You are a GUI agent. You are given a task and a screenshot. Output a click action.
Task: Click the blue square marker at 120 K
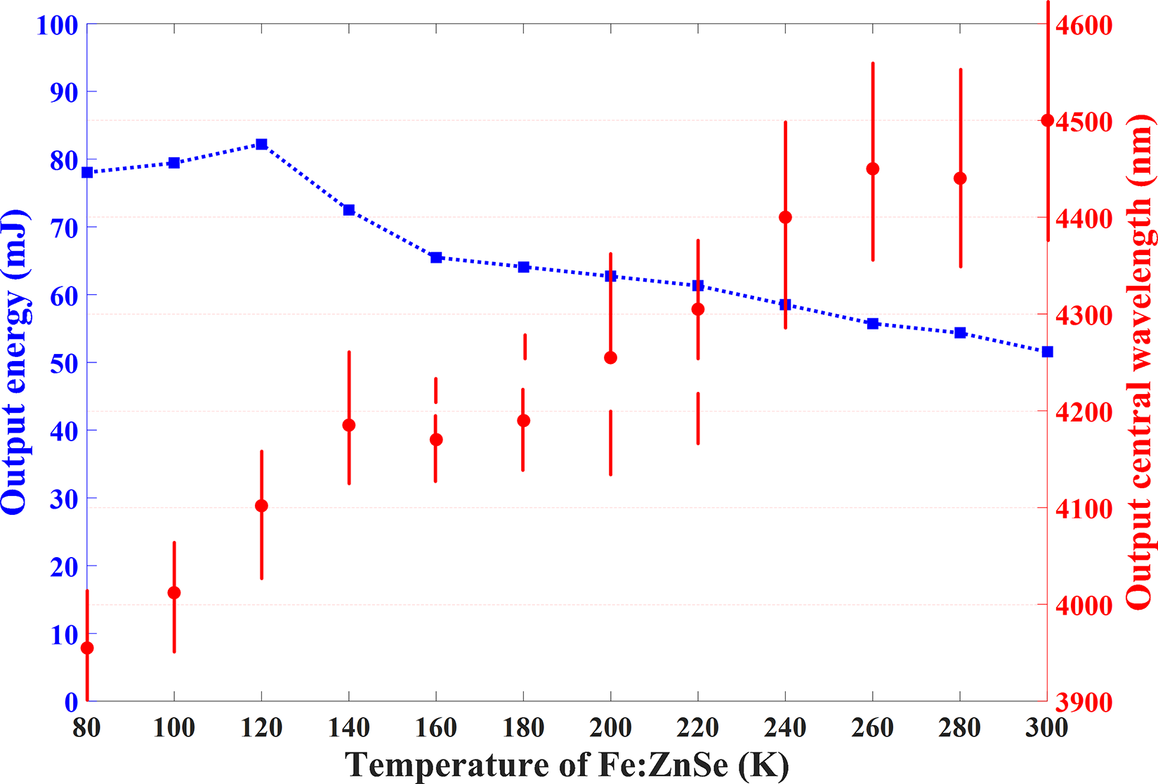[x=261, y=144]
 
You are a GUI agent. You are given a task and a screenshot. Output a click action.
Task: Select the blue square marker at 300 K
[x=1047, y=351]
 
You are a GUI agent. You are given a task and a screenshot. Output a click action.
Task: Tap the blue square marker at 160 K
[x=436, y=258]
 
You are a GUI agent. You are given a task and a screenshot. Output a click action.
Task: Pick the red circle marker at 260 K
[x=873, y=169]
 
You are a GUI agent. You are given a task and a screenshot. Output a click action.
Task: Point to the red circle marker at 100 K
[x=174, y=593]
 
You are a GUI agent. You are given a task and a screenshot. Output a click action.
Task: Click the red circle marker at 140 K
[x=349, y=425]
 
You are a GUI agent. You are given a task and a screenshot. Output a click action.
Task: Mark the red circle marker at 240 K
[x=785, y=217]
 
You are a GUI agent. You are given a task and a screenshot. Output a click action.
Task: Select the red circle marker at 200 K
[x=610, y=358]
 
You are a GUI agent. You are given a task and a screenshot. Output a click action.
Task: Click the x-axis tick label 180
[x=523, y=729]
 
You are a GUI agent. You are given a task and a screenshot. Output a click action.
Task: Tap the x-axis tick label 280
[x=960, y=729]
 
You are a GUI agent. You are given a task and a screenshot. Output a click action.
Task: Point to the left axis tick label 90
[x=62, y=92]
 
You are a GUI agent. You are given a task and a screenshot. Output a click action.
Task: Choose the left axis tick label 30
[x=62, y=499]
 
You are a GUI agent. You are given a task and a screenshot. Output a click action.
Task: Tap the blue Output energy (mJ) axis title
[x=15, y=362]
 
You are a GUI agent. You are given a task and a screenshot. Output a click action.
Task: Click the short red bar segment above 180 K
[x=525, y=346]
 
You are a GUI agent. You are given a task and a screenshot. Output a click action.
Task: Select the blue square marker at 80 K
[x=87, y=172]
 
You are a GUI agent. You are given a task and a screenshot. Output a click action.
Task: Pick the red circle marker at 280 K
[x=960, y=178]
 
